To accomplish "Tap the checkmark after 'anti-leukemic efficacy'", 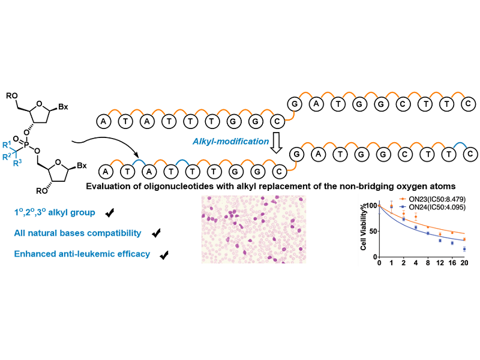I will (x=164, y=254).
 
